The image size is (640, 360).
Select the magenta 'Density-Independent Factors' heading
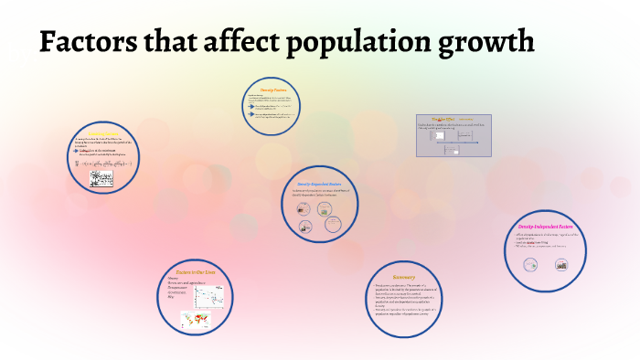click(545, 224)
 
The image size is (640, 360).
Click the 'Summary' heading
click(404, 277)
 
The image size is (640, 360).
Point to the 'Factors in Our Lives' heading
click(195, 273)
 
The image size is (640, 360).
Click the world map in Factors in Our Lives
click(196, 318)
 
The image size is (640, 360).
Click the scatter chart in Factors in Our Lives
click(213, 293)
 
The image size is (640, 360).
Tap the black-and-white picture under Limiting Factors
click(101, 180)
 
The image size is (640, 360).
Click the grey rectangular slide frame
click(453, 135)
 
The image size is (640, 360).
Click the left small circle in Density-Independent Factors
click(529, 265)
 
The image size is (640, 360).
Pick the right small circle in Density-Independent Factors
click(560, 265)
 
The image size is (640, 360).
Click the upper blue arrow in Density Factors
click(251, 105)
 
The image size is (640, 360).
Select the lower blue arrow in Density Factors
click(251, 115)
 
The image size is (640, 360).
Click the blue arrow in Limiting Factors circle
click(85, 152)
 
